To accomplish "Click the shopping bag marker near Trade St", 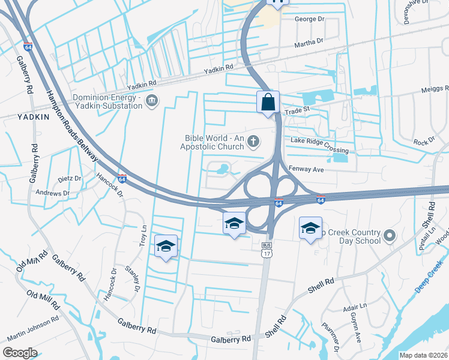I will [x=268, y=101].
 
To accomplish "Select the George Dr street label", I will [x=309, y=19].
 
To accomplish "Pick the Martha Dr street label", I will [x=309, y=42].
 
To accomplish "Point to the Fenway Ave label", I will [x=306, y=170].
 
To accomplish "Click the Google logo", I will [x=20, y=353].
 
